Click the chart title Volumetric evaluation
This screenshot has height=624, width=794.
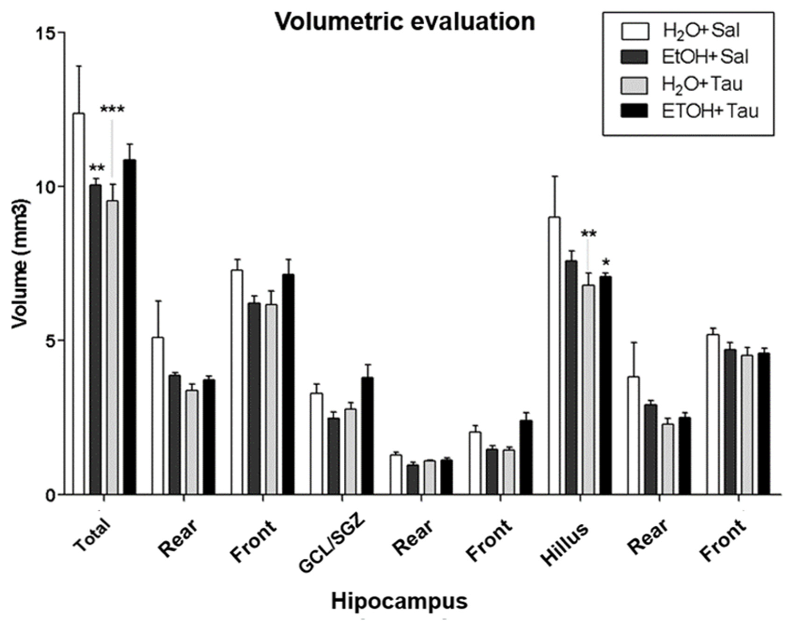coord(405,23)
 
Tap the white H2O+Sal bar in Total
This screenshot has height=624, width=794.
coord(79,303)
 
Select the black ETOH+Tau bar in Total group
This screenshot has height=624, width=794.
coord(129,327)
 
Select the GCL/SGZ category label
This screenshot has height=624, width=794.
coord(332,544)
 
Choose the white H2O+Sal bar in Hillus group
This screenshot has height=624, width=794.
coord(554,356)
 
